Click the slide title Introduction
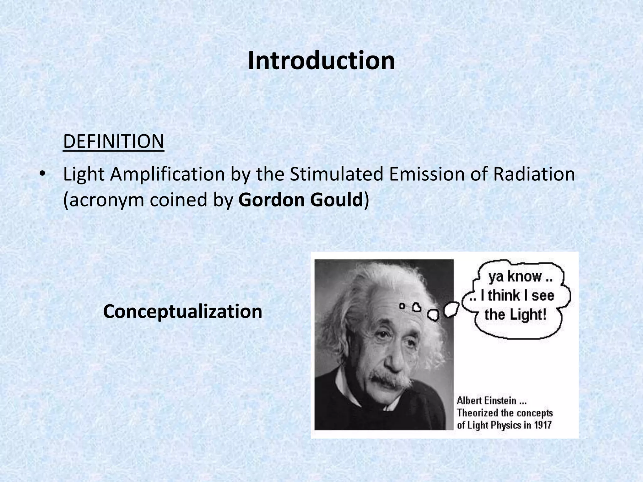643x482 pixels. pos(321,61)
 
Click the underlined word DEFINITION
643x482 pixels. pos(113,142)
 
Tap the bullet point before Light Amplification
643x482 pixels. pos(43,174)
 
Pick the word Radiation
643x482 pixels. pos(534,174)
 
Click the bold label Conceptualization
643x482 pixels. pos(182,312)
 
